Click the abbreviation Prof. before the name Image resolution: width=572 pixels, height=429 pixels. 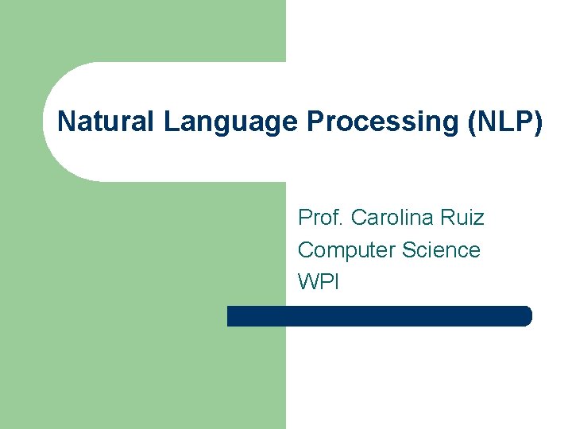point(320,217)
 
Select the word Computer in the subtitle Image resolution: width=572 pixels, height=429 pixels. point(346,249)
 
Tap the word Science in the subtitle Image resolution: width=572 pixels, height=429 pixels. point(441,249)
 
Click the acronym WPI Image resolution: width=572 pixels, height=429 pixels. point(318,281)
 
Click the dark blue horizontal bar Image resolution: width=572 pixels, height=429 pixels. point(379,316)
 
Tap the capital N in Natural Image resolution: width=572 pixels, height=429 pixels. point(66,122)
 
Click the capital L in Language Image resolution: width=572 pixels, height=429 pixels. point(170,122)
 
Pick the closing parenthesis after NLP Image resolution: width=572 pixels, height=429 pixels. point(539,122)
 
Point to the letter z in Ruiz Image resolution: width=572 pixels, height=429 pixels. point(479,218)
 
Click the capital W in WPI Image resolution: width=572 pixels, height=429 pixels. point(307,281)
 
